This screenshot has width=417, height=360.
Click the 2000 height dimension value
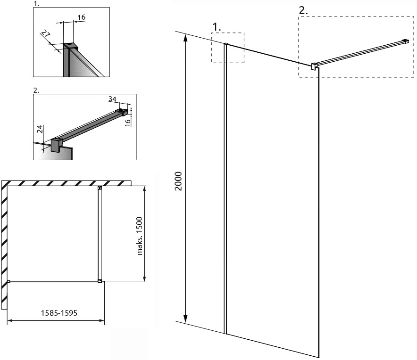click(178, 181)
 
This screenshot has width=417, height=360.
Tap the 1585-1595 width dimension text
click(59, 313)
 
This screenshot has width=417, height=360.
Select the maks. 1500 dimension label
click(140, 236)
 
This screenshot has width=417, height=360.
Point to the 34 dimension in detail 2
click(112, 99)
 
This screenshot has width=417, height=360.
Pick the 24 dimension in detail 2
click(40, 129)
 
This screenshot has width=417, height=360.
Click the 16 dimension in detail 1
click(81, 17)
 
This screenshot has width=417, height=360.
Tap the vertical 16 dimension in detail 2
click(128, 122)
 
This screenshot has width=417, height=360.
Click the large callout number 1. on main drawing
click(217, 27)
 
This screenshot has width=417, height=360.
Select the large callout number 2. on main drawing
click(303, 11)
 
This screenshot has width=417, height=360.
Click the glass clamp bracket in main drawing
click(314, 66)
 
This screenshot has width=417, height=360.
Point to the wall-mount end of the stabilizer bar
click(406, 41)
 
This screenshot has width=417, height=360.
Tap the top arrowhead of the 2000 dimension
click(186, 39)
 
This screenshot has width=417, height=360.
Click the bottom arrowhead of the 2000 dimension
click(186, 319)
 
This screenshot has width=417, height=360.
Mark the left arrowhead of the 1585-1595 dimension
click(10, 320)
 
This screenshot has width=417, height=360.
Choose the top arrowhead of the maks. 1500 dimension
click(144, 189)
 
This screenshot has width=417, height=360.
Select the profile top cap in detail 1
click(70, 46)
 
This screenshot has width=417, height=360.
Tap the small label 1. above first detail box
click(36, 4)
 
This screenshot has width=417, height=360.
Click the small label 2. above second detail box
click(36, 90)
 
